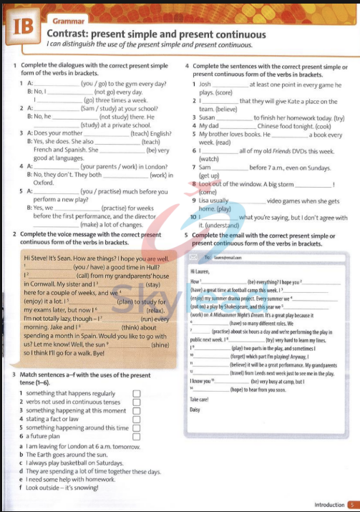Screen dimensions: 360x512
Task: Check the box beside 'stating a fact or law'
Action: [136, 419]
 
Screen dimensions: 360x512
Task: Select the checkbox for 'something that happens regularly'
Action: [136, 393]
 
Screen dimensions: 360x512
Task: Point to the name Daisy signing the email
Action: [195, 409]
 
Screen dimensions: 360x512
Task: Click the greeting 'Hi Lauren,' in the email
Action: [203, 271]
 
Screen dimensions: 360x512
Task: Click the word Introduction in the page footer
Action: [328, 504]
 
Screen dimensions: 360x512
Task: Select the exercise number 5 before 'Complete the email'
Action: [187, 235]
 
